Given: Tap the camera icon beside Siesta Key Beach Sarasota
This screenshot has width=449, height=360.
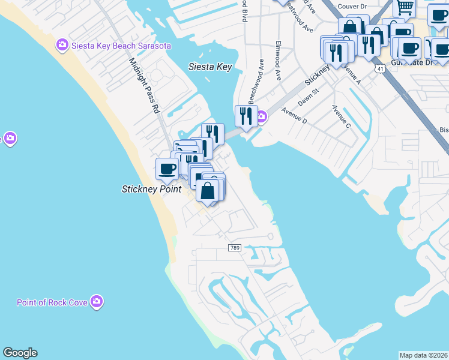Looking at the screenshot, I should (61, 45).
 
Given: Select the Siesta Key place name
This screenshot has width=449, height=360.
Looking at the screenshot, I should (209, 67).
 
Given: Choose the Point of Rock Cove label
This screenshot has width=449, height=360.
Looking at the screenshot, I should (52, 302).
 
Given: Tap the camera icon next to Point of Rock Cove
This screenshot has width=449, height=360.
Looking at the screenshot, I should (97, 301).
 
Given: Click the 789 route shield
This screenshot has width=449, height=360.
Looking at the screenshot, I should (235, 248).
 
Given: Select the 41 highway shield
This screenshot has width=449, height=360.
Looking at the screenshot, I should (379, 69).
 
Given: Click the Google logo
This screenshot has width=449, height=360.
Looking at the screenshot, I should (20, 353).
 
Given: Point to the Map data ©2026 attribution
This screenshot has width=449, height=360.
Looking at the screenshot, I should (423, 355).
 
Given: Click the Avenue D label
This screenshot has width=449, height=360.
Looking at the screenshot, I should (294, 116).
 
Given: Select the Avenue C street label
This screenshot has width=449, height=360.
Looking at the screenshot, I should (341, 116).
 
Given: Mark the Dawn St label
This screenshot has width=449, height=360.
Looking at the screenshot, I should (307, 97).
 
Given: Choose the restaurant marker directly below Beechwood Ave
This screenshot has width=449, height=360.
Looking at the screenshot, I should (246, 115).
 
